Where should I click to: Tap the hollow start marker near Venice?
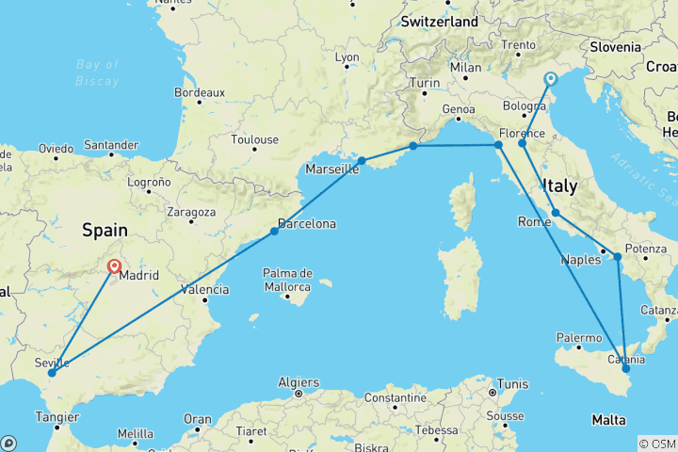point(550,80)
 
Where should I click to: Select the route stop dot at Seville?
point(52,372)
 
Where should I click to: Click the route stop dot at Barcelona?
point(274,231)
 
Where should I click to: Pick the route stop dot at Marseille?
point(361,161)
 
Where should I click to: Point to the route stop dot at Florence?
point(522,143)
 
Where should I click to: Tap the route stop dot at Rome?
point(556,212)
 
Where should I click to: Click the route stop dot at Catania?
point(626,368)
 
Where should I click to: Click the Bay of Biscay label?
point(98,73)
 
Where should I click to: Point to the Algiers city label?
point(298,382)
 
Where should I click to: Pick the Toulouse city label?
point(255,139)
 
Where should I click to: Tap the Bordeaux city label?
point(200,92)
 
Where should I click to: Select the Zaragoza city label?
point(192,212)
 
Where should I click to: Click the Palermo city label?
point(579,337)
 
